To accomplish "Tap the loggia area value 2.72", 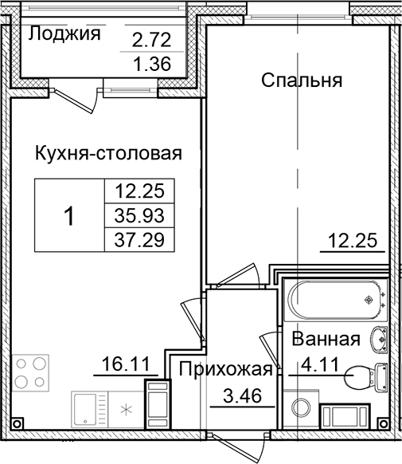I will tap(150, 39).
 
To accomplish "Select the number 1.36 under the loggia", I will tap(150, 65).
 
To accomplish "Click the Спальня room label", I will tap(302, 80).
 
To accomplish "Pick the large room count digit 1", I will tap(69, 214).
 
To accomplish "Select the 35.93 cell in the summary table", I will tap(139, 214).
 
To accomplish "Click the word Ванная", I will tap(326, 339).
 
